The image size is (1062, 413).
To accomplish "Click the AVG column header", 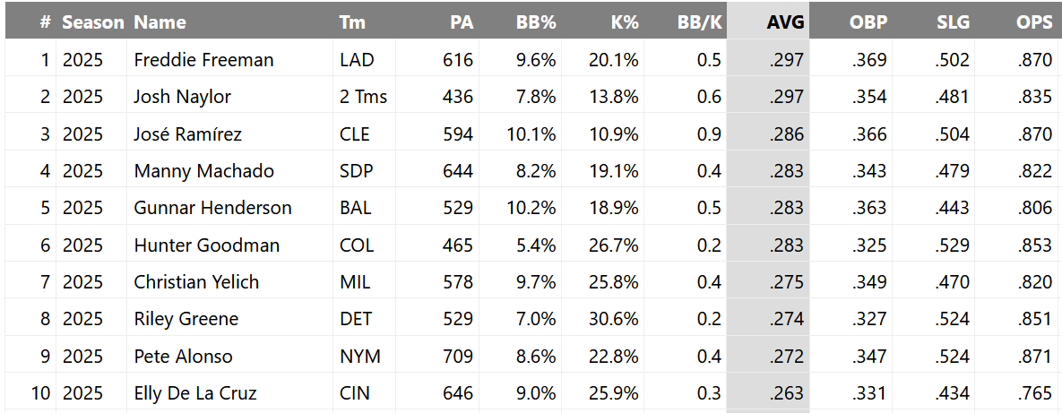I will (785, 22).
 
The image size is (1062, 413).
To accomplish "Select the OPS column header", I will (1034, 22).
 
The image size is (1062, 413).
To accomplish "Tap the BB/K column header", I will (699, 22).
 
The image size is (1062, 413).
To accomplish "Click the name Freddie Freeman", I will (203, 60).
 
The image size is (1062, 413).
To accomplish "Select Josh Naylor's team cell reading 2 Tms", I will (363, 97).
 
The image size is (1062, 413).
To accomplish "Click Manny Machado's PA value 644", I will (457, 171).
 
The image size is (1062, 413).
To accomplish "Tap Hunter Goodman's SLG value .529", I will (951, 245).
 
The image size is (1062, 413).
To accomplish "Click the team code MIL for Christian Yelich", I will (355, 282).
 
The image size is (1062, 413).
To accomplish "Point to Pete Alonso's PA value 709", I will (457, 357).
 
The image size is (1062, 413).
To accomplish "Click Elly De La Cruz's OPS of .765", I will (1034, 393).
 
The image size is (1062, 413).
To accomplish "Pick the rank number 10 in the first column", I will (40, 393).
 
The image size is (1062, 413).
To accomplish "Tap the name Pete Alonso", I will (183, 357).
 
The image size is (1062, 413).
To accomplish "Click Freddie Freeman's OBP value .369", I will (868, 60).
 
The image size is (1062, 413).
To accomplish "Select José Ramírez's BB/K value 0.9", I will (709, 134).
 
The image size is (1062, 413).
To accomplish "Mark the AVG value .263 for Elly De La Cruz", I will (786, 393).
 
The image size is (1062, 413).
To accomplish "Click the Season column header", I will (93, 22).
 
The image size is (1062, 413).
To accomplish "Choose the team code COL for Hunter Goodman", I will (356, 245).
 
